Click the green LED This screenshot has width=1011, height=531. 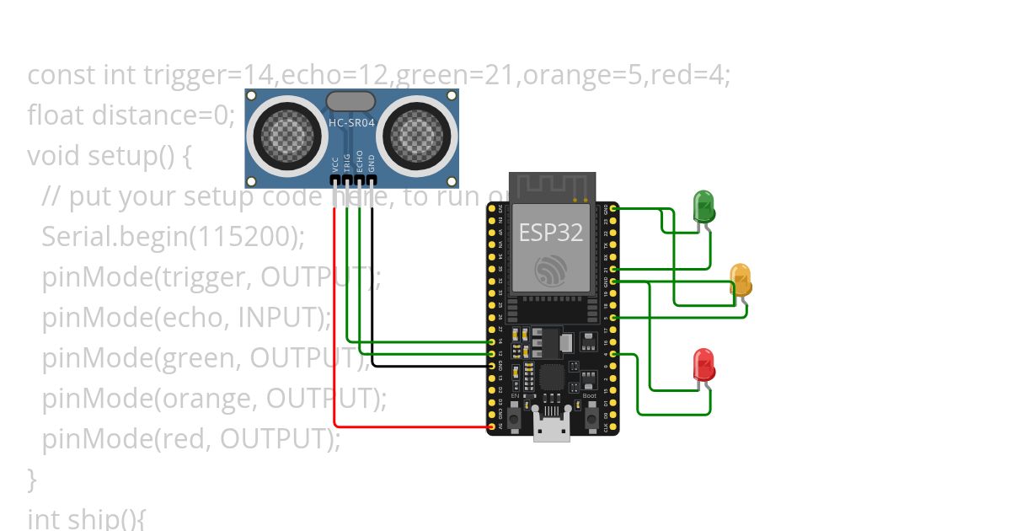click(703, 206)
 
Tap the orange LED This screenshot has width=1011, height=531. click(741, 278)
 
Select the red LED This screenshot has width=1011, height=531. click(703, 364)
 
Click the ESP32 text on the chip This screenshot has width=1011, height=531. click(550, 233)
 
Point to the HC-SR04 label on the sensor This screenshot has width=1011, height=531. click(351, 123)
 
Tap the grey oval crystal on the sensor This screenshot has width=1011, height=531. click(350, 102)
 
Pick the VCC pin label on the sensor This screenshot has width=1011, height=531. click(335, 163)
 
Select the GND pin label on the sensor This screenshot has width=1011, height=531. click(372, 163)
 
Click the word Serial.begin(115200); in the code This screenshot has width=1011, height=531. click(173, 237)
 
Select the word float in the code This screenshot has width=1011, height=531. click(56, 115)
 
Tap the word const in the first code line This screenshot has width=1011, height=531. click(62, 75)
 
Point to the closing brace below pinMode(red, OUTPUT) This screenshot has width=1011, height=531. click(32, 479)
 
